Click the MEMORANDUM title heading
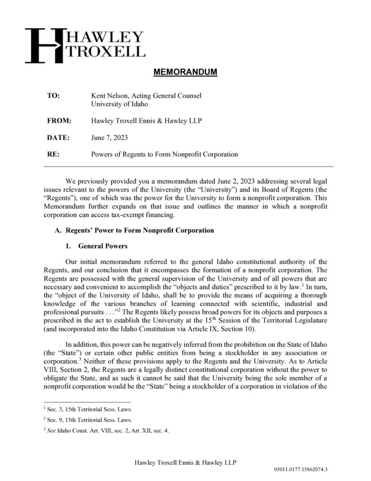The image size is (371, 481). tap(185, 73)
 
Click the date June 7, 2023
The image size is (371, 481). tap(109, 137)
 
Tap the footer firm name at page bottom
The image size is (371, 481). tap(185, 461)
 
